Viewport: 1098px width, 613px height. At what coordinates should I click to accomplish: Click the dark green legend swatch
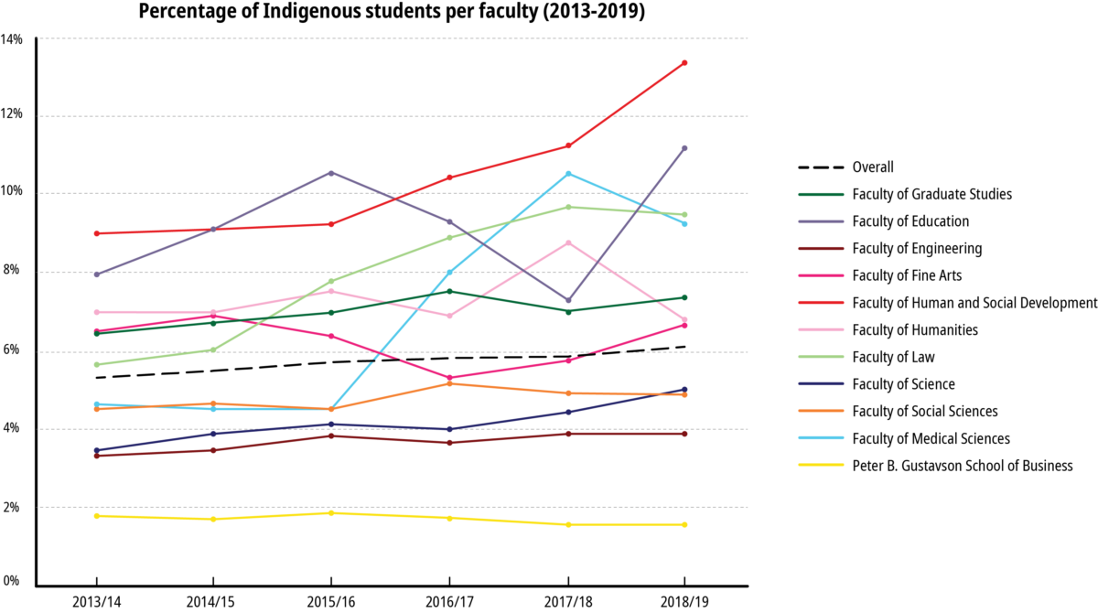pos(821,194)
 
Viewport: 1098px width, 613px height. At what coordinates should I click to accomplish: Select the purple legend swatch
pos(821,221)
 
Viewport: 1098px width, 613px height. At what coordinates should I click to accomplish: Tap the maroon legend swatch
pos(821,248)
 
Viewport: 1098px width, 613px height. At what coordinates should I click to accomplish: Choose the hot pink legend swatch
pos(821,275)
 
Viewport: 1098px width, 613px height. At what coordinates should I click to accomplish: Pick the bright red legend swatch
pos(821,302)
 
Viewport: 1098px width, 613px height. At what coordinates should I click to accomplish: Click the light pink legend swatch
pos(821,329)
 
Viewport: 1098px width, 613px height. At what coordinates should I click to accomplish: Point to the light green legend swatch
pos(821,356)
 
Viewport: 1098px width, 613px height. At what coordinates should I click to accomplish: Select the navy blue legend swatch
pos(821,383)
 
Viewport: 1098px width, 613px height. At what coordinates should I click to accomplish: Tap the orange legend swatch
pos(821,410)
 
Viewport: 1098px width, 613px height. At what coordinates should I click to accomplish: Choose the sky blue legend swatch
pos(821,437)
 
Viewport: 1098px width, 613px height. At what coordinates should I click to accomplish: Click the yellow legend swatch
pos(821,465)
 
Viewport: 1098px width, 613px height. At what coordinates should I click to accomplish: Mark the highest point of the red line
pos(684,63)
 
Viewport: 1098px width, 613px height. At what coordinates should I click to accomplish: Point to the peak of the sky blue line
pos(568,174)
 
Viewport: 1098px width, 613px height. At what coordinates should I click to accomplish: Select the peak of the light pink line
pos(568,242)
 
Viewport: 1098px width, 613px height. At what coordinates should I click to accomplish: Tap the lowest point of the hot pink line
pos(449,378)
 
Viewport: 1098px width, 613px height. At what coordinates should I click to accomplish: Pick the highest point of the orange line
pos(449,383)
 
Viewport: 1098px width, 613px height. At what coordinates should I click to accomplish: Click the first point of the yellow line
pos(96,516)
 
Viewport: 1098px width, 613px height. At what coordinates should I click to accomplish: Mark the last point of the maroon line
pos(684,433)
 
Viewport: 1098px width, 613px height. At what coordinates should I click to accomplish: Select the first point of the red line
pos(96,233)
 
